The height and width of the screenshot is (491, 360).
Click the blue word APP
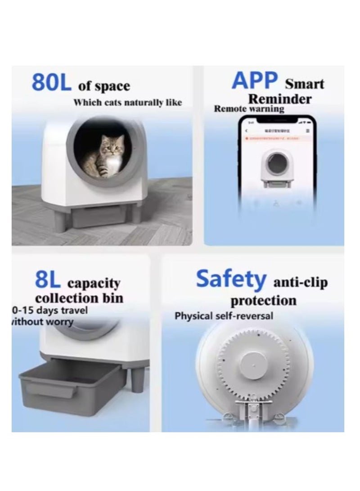[x=255, y=81]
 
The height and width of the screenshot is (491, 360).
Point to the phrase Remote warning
[x=249, y=109]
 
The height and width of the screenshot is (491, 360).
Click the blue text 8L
[x=47, y=280]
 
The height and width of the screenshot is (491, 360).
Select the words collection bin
[x=79, y=298]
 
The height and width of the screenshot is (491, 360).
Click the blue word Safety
[x=231, y=279]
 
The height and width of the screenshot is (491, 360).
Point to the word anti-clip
[x=301, y=283]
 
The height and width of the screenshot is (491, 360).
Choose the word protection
[x=263, y=300]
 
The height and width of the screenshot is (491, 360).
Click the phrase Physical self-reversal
[x=224, y=316]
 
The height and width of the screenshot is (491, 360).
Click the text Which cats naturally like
[x=127, y=103]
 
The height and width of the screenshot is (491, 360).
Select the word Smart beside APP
[x=304, y=84]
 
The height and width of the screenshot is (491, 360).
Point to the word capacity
[x=94, y=284]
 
